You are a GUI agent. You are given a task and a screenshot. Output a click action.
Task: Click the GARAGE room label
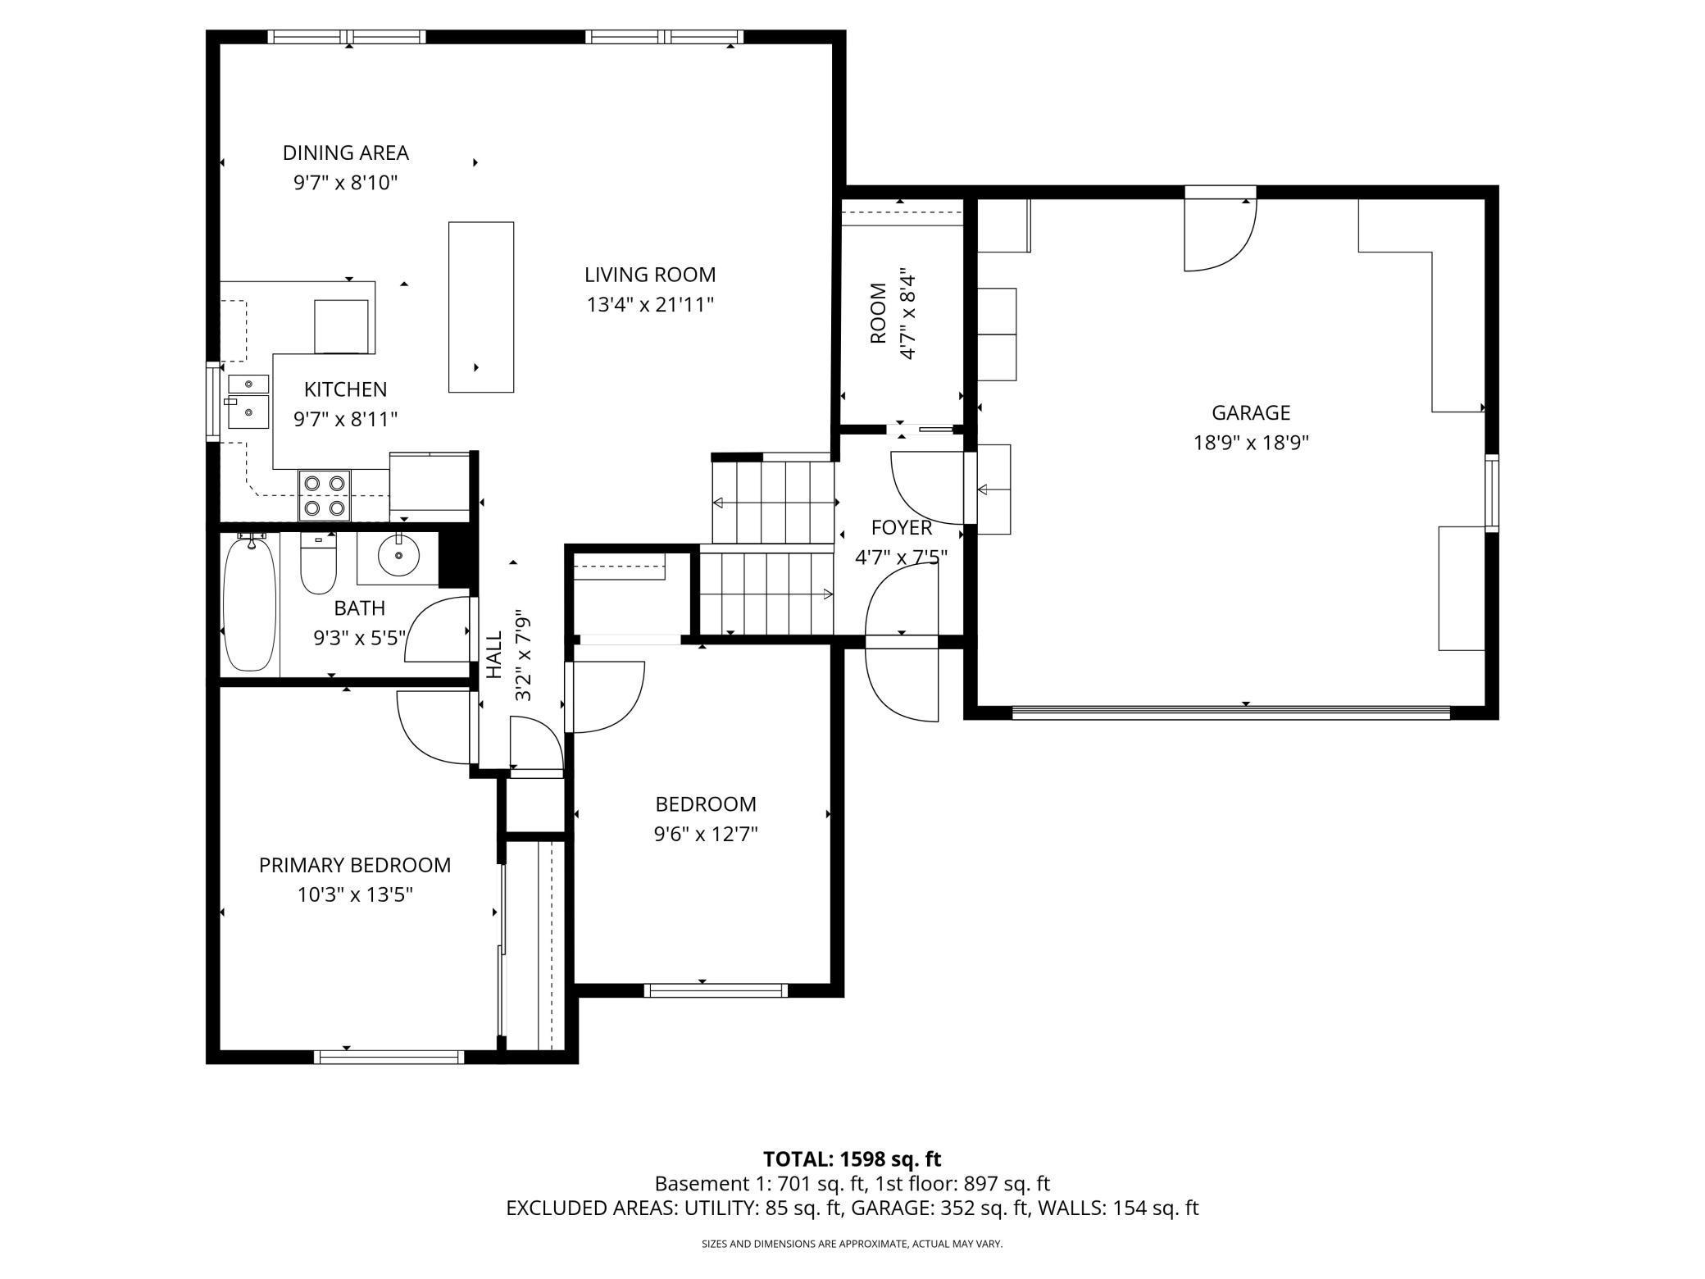point(1251,412)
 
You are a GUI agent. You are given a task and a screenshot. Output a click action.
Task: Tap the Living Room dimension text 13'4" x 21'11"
point(650,305)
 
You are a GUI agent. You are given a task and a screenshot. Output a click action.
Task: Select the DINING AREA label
point(346,152)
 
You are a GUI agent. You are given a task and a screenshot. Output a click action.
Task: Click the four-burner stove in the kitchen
point(324,495)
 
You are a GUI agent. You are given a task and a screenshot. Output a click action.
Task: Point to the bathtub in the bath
point(249,603)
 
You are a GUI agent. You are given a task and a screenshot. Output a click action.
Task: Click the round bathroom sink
point(398,555)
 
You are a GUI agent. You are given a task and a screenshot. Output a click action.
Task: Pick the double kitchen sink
point(248,402)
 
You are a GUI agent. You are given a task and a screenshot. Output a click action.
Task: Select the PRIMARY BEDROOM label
point(355,865)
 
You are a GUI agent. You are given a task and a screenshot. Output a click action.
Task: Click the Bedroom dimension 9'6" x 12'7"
point(706,835)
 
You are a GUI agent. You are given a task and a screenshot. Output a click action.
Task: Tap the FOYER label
point(902,527)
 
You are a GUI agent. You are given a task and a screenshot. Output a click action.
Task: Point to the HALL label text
point(494,655)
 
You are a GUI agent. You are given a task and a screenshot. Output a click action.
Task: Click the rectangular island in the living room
point(481,307)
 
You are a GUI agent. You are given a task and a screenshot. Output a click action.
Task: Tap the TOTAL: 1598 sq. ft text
point(852,1159)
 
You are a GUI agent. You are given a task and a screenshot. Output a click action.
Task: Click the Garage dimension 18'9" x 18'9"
point(1251,443)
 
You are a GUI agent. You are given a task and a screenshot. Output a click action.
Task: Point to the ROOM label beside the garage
point(878,313)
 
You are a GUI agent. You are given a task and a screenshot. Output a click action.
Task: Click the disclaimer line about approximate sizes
point(852,1244)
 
